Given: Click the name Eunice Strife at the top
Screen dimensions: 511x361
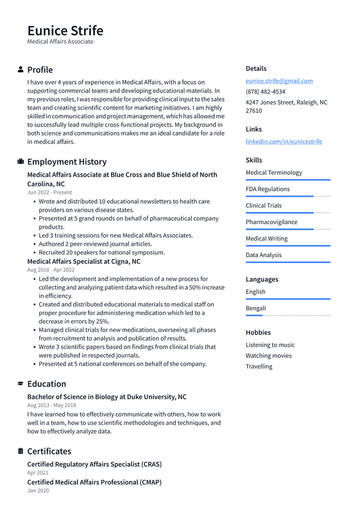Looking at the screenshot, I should coord(65,30).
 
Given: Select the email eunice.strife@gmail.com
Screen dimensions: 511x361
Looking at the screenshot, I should coord(279,81).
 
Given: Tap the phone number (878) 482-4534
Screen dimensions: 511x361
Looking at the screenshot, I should coord(265,91).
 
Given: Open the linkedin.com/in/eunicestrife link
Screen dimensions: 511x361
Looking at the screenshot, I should coord(284,141).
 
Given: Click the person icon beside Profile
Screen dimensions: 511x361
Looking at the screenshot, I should coord(21,69).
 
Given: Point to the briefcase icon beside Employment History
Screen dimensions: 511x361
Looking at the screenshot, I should coord(21,161).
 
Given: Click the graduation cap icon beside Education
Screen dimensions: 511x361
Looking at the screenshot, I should coord(21,384).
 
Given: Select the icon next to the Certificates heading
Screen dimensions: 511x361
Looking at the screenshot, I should coord(21,451).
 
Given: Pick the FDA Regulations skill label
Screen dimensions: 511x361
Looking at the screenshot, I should coord(267,189).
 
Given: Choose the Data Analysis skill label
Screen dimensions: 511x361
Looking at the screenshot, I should coord(263,255).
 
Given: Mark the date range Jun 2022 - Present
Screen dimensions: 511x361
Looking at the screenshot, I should coord(50,193).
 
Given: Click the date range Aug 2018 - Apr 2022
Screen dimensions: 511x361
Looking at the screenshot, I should coord(51,270).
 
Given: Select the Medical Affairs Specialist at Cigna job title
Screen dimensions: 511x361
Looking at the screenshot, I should coord(83,261).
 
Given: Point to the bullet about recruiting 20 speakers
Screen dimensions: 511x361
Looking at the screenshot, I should coord(102,252).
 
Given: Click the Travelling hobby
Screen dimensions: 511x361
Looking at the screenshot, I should coord(259,366).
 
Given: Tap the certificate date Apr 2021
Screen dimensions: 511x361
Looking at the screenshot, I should coord(38,473).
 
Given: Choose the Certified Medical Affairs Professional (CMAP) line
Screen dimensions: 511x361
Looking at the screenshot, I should coord(94,482).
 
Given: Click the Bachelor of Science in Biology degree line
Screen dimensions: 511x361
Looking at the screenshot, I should coord(107,397).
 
